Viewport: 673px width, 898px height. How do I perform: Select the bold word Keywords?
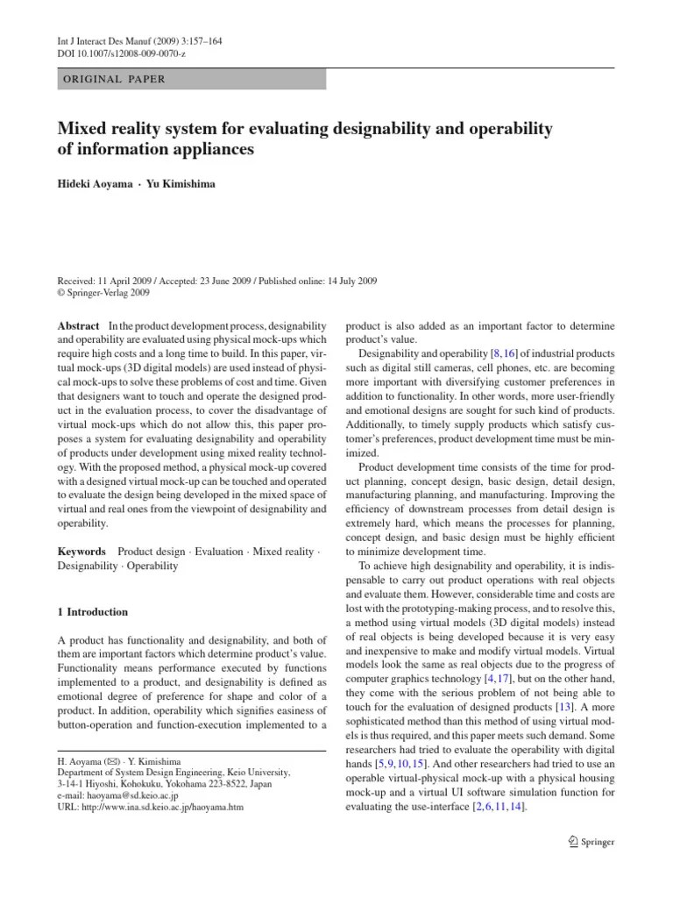tap(82, 552)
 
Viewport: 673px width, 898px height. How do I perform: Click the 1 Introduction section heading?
tap(93, 612)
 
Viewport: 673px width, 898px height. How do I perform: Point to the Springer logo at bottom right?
tap(592, 841)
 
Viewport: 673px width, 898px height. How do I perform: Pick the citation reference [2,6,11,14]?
tap(496, 806)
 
